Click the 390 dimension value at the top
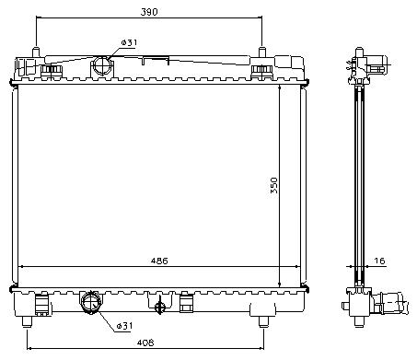149,12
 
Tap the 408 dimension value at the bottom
145,343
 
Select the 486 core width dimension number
159,261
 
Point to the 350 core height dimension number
273,185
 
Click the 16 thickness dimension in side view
379,261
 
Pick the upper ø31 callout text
129,42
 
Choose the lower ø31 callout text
124,326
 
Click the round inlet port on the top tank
102,65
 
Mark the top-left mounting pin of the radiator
36,52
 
